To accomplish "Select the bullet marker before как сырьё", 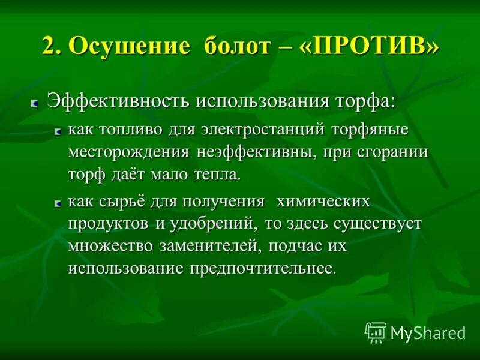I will coord(58,204).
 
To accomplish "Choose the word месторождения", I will coord(129,152).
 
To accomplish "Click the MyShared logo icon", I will coord(376,332).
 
